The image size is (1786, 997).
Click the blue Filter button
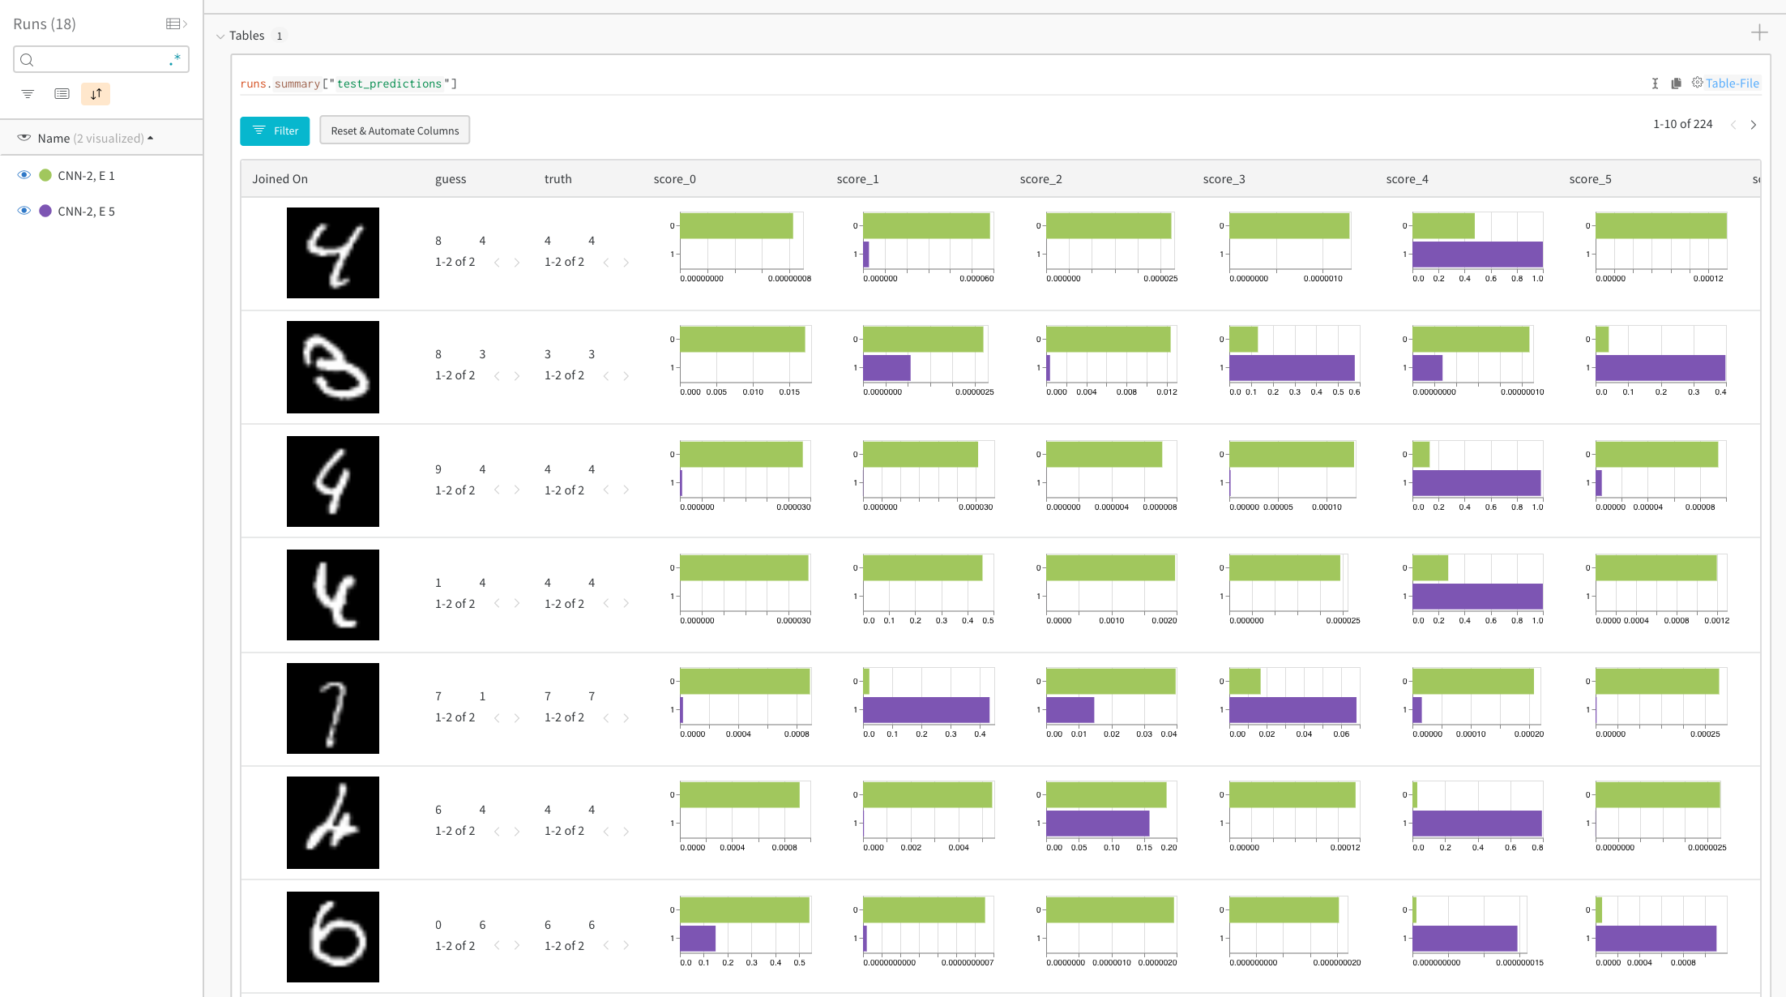(275, 131)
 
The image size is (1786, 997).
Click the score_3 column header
(1224, 179)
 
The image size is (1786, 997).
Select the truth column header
(558, 179)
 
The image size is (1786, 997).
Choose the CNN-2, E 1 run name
(86, 176)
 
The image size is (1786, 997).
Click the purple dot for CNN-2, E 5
(45, 211)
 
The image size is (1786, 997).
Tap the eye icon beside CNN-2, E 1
(24, 175)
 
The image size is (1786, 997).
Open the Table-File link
(1732, 83)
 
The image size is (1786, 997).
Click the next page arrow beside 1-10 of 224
(1754, 125)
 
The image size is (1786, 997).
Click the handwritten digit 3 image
(332, 367)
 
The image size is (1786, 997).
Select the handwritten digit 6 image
(332, 937)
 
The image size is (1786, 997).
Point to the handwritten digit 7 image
(332, 708)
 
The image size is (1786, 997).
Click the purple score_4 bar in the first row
(1477, 255)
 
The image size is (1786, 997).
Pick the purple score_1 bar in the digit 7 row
(925, 710)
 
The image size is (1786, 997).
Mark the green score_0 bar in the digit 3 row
(742, 340)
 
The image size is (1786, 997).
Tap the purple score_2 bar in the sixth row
(1097, 824)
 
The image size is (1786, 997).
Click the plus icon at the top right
(1759, 32)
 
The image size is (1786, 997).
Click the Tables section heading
(246, 36)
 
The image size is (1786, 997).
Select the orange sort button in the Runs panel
(96, 94)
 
